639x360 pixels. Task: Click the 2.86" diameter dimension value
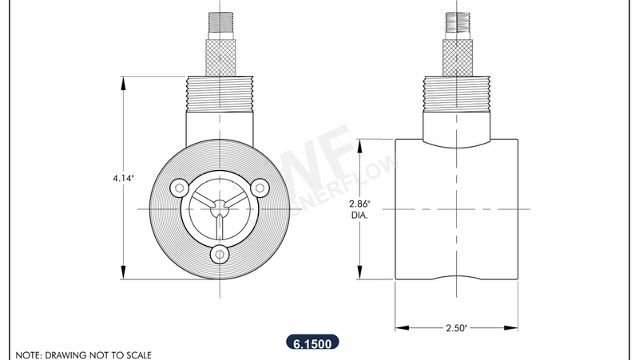[360, 204]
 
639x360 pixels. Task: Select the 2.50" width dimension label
[457, 327]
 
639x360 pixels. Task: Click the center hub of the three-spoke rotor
[218, 209]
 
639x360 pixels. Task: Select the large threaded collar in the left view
[218, 93]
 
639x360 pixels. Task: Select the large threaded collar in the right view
[456, 93]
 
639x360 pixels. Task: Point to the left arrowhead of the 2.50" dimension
[399, 327]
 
